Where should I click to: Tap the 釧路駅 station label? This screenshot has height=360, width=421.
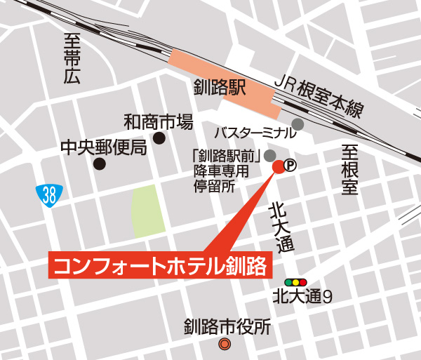tap(220, 88)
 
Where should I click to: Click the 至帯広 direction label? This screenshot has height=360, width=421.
tap(72, 59)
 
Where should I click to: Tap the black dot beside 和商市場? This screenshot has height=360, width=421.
tap(159, 138)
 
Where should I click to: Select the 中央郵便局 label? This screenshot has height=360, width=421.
tap(102, 147)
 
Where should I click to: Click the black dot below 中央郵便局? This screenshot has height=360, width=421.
tap(100, 164)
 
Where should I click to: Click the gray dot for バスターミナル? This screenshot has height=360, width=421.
tap(298, 124)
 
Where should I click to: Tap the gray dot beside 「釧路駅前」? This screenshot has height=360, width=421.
tap(270, 155)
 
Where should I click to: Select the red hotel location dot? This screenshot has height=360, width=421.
tap(278, 166)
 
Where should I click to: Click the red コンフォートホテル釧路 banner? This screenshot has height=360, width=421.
tap(160, 266)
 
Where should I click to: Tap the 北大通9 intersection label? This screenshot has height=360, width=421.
tap(302, 297)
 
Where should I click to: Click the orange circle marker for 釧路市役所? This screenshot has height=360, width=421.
tap(225, 344)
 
